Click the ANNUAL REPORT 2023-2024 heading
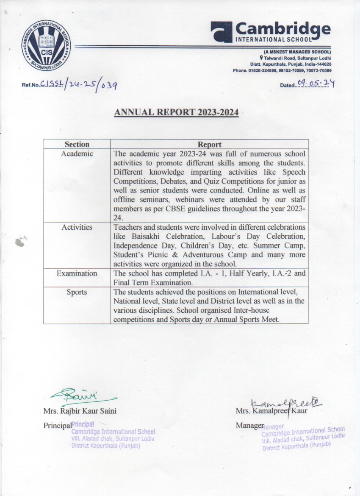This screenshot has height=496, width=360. tap(177, 112)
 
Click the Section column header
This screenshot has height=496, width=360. tap(77, 144)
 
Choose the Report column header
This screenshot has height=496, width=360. tap(209, 144)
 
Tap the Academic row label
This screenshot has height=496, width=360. tap(77, 153)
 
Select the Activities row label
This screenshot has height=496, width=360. tap(77, 227)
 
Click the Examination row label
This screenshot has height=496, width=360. tap(77, 273)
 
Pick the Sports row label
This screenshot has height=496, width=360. tap(77, 292)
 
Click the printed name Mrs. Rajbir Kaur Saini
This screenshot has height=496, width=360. tap(80, 411)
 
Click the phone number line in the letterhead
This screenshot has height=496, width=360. tap(282, 70)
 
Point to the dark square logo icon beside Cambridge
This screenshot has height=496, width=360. tap(221, 32)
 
